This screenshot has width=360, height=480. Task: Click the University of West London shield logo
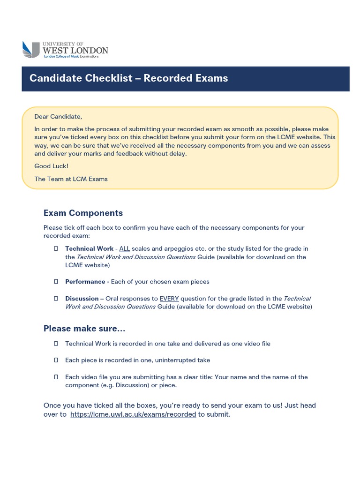(31, 50)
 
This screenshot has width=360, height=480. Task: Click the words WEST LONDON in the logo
(75, 50)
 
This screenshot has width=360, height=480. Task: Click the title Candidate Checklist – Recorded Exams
(129, 78)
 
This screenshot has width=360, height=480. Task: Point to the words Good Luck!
(51, 166)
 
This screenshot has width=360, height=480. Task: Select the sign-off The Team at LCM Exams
(71, 179)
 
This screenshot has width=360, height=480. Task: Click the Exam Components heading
(83, 213)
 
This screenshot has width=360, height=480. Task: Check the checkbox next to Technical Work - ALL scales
(56, 248)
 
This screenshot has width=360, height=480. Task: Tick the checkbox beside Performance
(56, 282)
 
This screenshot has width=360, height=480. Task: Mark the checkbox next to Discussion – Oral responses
(56, 299)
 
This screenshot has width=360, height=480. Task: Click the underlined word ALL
(124, 248)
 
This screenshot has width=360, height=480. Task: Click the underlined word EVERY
(169, 299)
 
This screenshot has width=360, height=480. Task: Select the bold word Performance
(85, 282)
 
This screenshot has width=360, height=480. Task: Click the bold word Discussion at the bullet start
(82, 299)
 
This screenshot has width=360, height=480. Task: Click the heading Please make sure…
(84, 328)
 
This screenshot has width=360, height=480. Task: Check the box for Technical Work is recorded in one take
(56, 344)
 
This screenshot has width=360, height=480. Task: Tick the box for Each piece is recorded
(56, 360)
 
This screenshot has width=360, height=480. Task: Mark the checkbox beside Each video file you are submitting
(56, 377)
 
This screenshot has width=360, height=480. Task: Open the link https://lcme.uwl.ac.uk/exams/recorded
(133, 414)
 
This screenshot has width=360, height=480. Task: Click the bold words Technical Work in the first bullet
(89, 248)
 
